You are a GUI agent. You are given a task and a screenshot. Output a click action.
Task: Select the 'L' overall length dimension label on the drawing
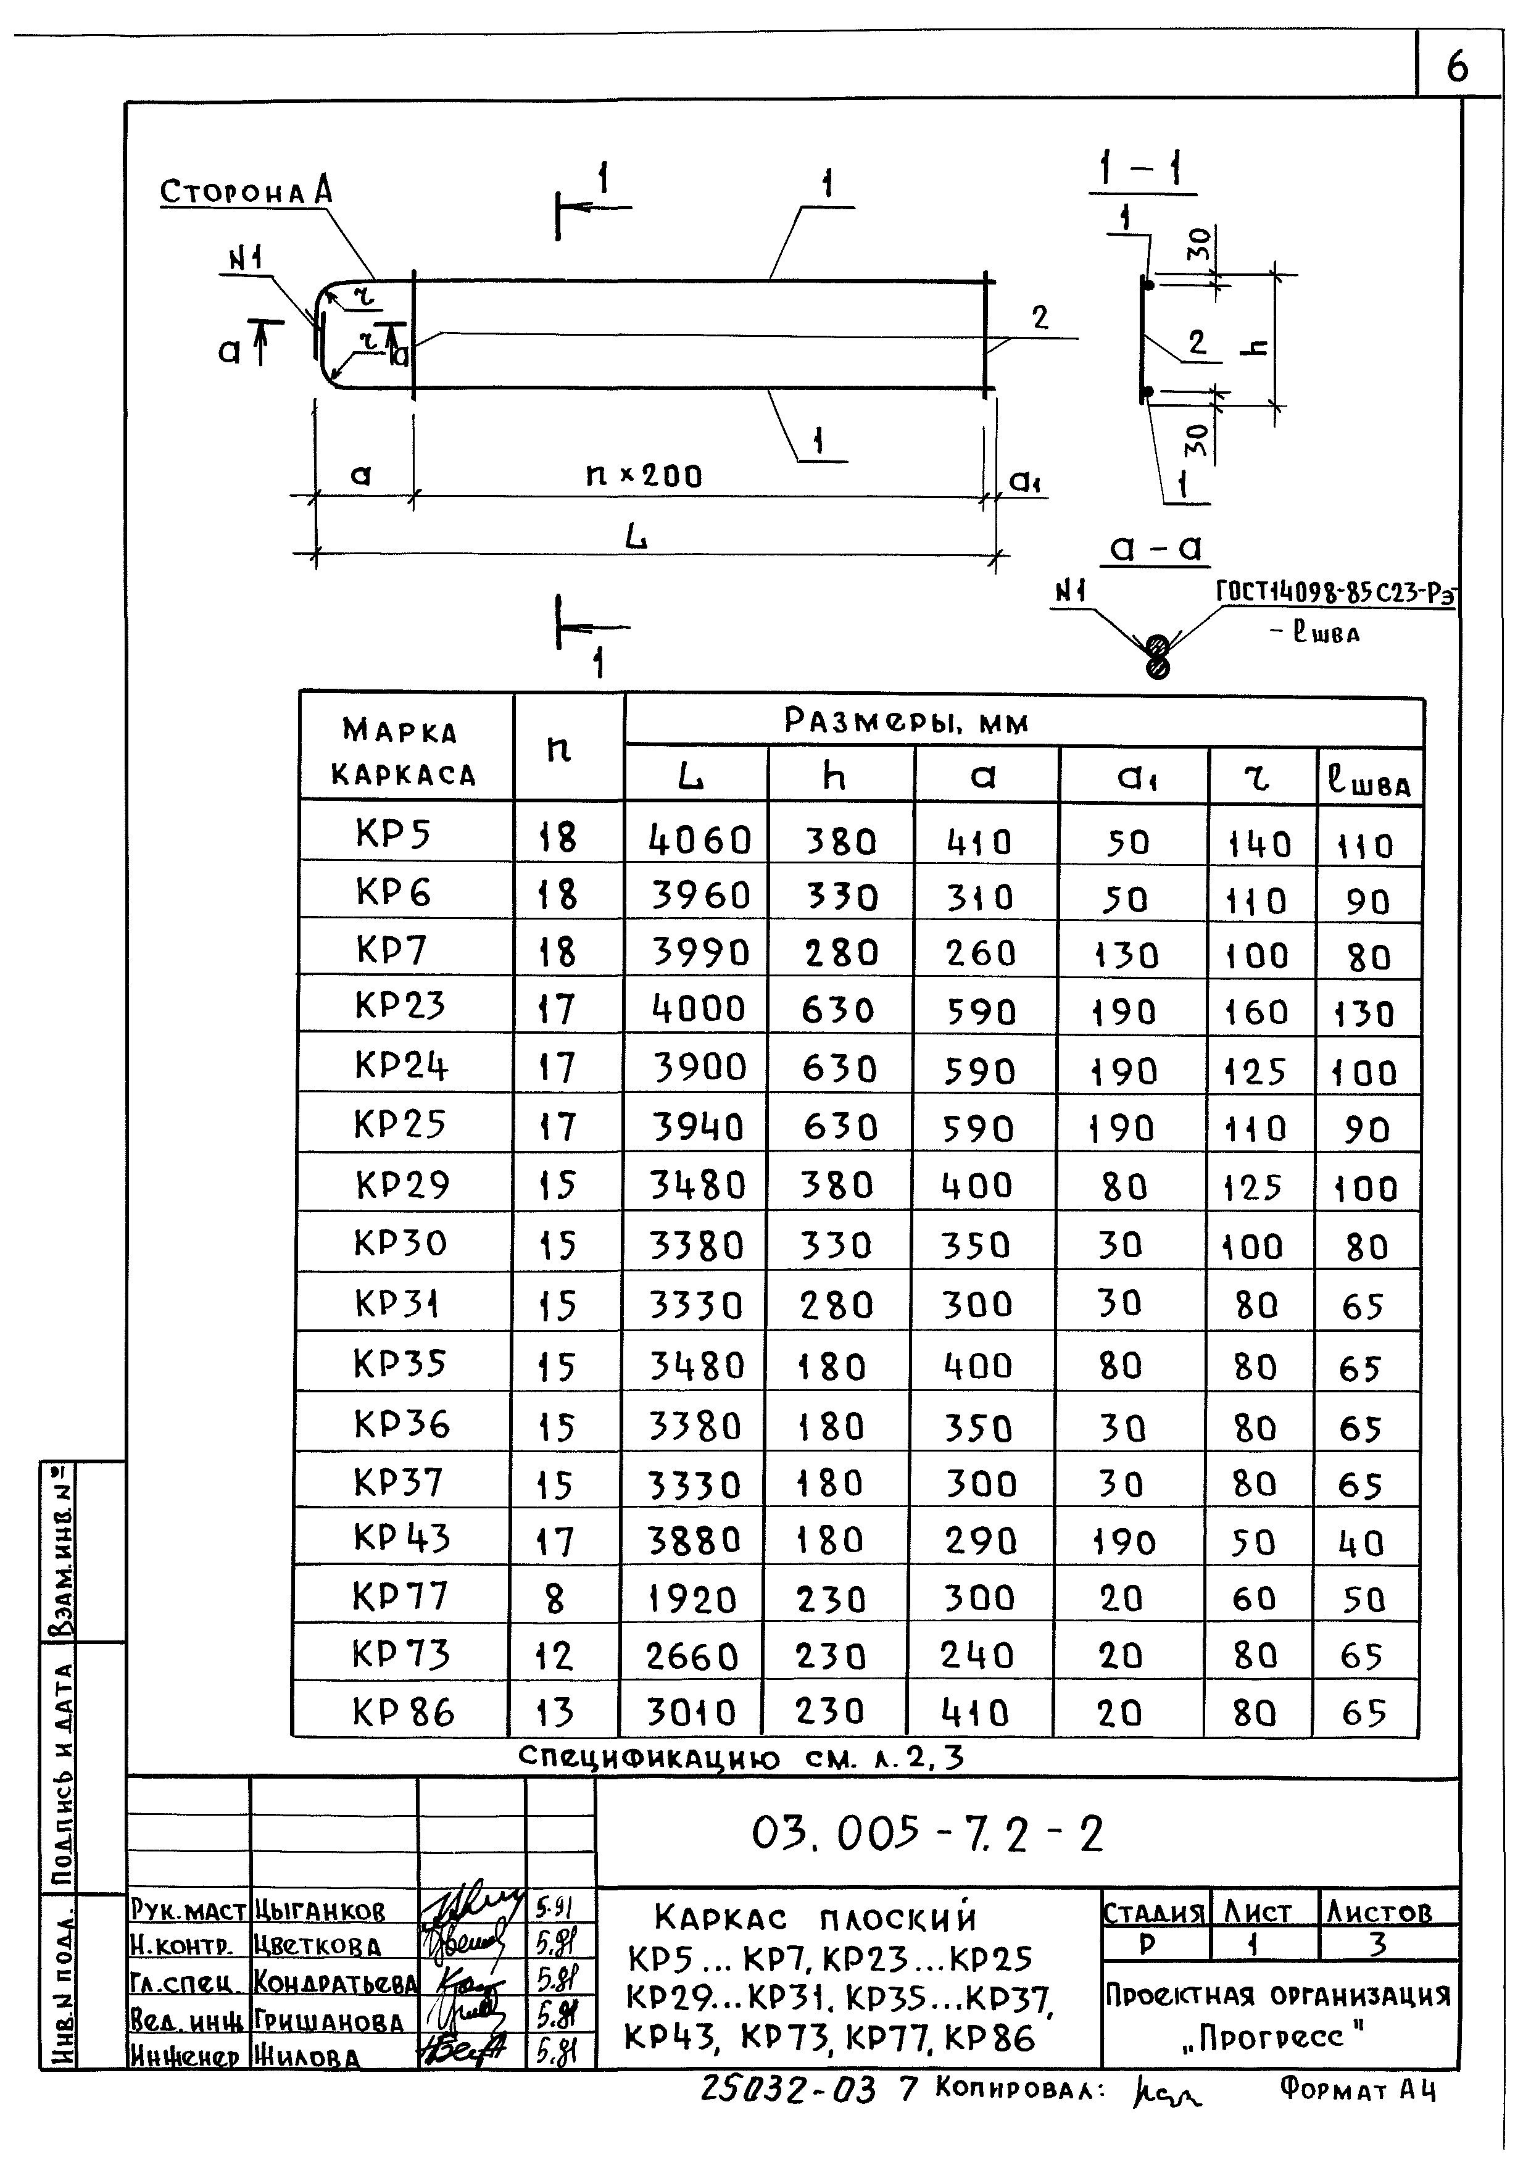tap(637, 538)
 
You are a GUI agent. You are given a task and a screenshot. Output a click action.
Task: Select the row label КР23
tap(400, 1006)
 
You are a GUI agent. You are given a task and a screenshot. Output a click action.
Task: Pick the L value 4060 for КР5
tap(700, 839)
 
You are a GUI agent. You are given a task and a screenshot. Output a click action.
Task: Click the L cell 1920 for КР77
tap(692, 1600)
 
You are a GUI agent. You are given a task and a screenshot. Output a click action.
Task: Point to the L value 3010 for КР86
tap(692, 1713)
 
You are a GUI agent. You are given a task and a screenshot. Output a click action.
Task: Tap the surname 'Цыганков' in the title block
tap(320, 1911)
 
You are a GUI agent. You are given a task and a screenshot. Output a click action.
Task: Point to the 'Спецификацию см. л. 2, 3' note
tap(742, 1756)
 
